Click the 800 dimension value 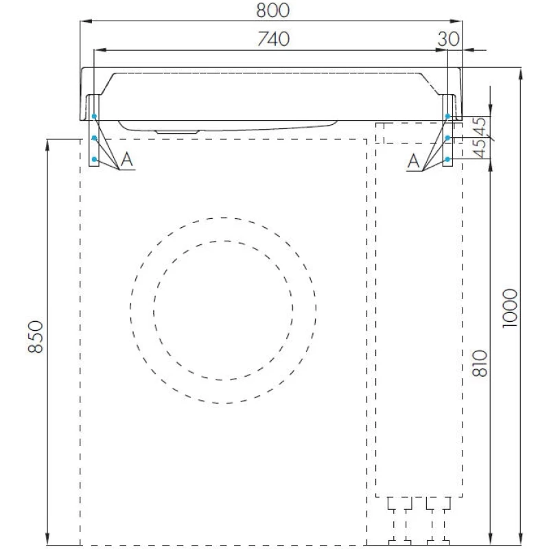click(272, 10)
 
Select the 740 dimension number click(273, 39)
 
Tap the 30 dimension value click(448, 39)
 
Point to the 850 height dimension click(36, 336)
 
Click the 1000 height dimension click(510, 308)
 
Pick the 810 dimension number click(480, 363)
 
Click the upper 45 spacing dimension click(480, 127)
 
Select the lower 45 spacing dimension click(480, 148)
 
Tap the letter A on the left click(127, 160)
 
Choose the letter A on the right click(414, 161)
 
